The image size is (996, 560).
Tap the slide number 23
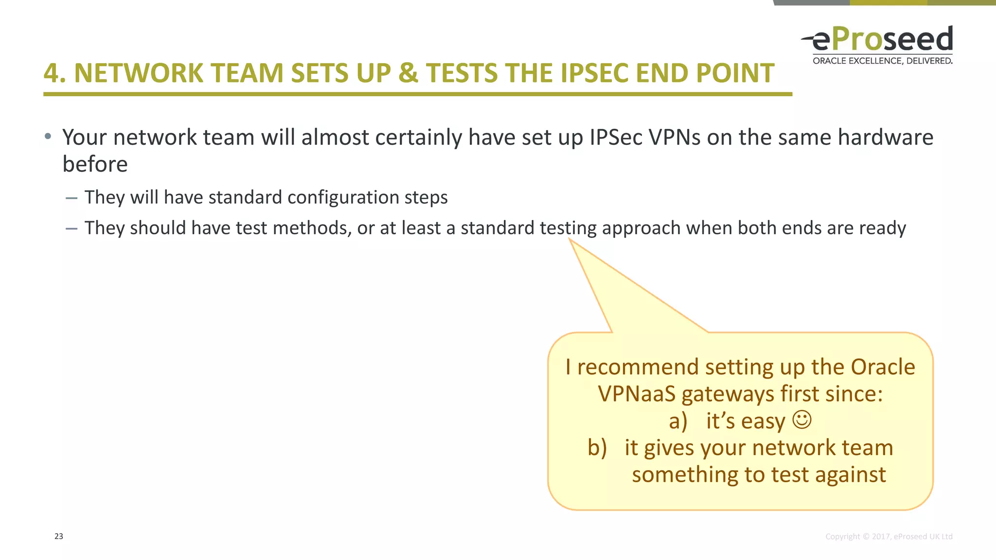pyautogui.click(x=59, y=536)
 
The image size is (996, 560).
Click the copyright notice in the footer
pyautogui.click(x=889, y=536)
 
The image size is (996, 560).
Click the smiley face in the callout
pyautogui.click(x=802, y=420)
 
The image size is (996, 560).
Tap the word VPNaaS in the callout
pyautogui.click(x=637, y=394)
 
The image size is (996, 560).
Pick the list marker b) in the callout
pyautogui.click(x=597, y=448)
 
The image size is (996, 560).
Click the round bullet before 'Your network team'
pyautogui.click(x=48, y=137)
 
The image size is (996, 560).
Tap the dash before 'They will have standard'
pyautogui.click(x=71, y=198)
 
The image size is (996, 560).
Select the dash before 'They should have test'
pyautogui.click(x=71, y=228)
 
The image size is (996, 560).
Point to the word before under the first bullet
pyautogui.click(x=95, y=164)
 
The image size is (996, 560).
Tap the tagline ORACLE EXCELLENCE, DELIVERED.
pyautogui.click(x=882, y=61)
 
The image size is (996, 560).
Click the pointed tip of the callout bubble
pyautogui.click(x=570, y=240)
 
